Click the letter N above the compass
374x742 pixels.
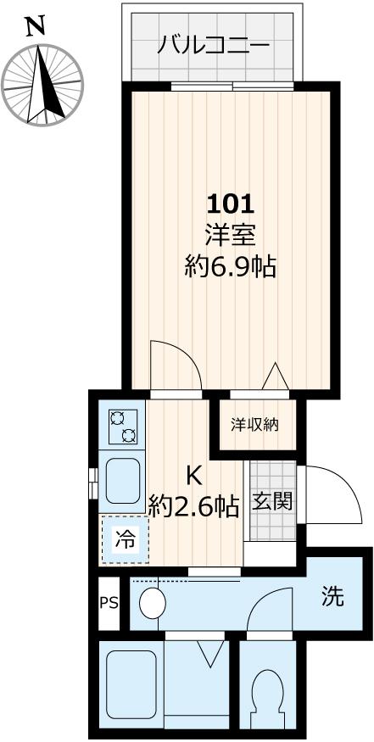tap(35, 27)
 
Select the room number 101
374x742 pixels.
tap(231, 204)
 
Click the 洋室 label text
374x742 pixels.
tap(231, 235)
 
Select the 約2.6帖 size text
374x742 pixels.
tap(193, 506)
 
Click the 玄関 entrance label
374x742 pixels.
tap(273, 500)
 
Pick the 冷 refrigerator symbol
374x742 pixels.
tap(125, 539)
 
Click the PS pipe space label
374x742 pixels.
tap(109, 604)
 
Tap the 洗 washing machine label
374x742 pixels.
tap(332, 597)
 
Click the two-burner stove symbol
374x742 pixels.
tap(122, 427)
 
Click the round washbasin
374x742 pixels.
tap(154, 603)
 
